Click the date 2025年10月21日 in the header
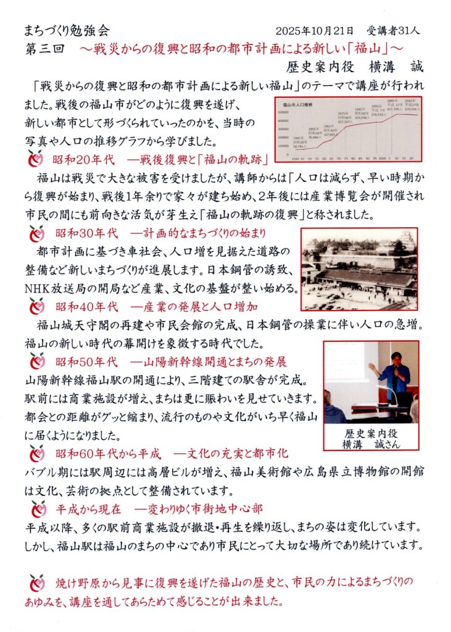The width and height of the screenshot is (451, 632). pos(315,30)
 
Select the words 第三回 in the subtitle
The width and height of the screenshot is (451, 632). pos(44,48)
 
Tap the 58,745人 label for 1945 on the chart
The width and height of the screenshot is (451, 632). pos(299,146)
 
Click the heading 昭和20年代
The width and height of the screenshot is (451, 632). pos(85,160)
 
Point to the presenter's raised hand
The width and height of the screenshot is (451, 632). pos(372,367)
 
